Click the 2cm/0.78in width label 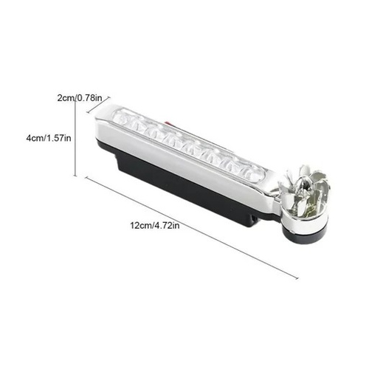coord(80,98)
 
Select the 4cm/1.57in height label coord(49,138)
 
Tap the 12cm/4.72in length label coord(155,225)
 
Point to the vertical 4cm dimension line coord(75,136)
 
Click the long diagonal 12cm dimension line coord(192,228)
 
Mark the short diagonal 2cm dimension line coord(98,105)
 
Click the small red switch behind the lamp coord(168,123)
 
